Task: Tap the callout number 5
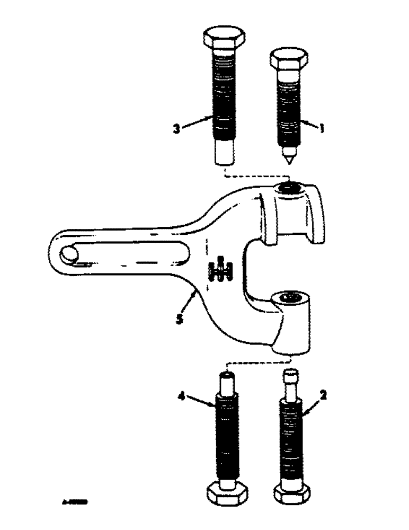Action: pyautogui.click(x=180, y=320)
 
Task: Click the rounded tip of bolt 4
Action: pyautogui.click(x=226, y=377)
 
